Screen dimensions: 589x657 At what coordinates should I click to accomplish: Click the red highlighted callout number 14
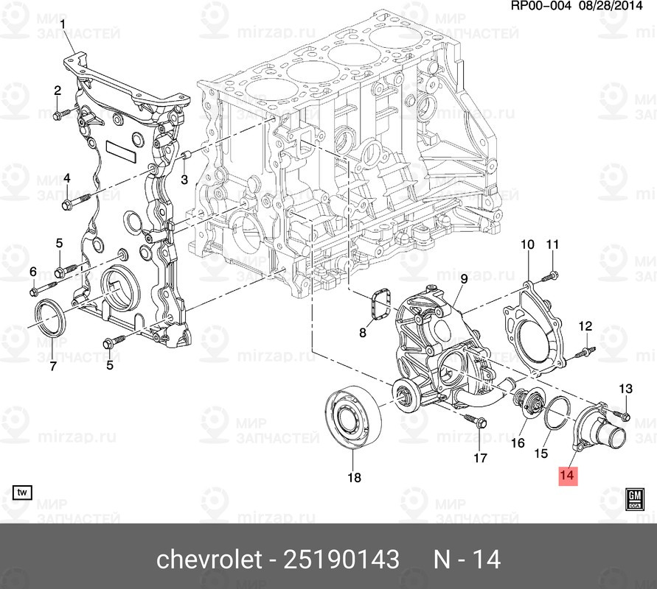[566, 475]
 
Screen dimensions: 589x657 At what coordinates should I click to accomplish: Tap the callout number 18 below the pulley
[354, 478]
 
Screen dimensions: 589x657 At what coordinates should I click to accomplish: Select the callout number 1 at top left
[63, 24]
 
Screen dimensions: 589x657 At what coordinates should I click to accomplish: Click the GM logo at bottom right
[634, 498]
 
